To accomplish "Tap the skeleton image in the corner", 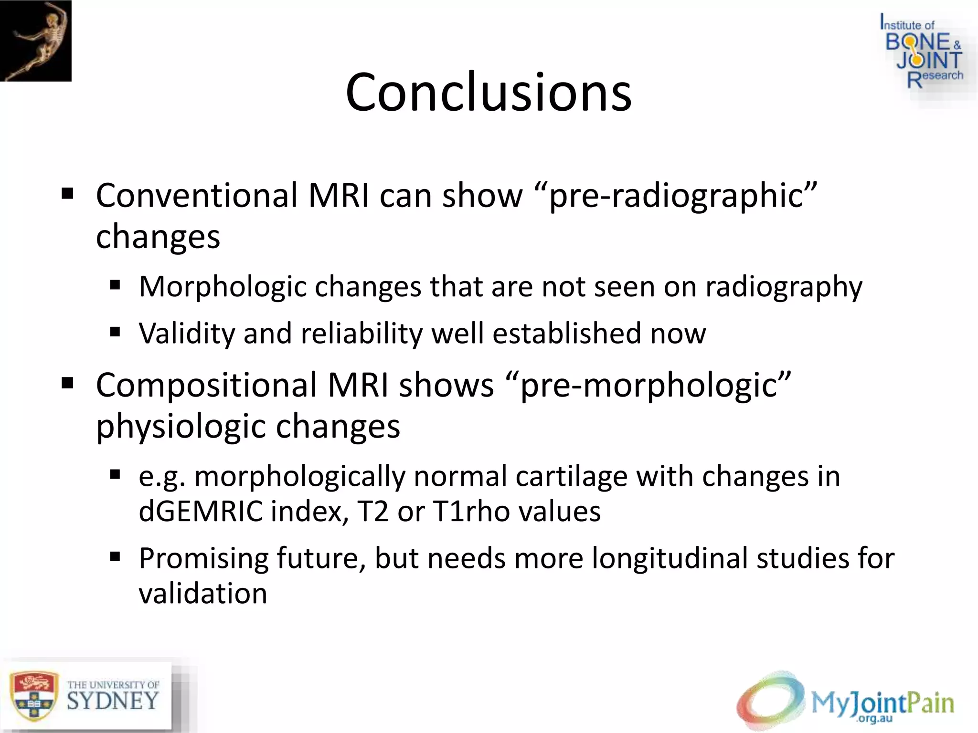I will point(36,41).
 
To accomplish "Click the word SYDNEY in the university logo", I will point(113,702).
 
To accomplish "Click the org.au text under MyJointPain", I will point(875,719).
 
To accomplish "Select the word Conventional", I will point(197,196).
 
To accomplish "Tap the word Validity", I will point(187,333).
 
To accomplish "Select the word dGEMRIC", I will point(201,511).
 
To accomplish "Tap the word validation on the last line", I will point(203,594).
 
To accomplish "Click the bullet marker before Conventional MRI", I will point(67,193).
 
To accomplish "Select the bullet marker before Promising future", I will point(115,556).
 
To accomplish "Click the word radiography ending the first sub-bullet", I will point(784,287).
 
